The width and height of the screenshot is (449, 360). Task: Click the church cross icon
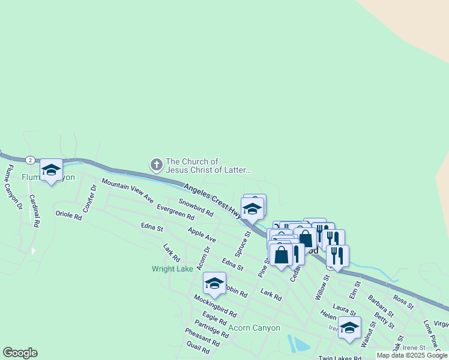(x=156, y=164)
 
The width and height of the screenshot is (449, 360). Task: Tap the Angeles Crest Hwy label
(x=214, y=202)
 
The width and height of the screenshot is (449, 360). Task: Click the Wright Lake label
(x=172, y=269)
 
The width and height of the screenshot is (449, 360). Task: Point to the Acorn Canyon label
(x=255, y=328)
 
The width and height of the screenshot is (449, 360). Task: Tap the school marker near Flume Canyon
(x=52, y=171)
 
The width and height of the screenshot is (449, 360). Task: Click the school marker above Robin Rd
(x=214, y=283)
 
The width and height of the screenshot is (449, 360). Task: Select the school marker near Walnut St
(x=349, y=328)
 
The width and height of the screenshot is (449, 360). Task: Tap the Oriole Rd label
(x=68, y=214)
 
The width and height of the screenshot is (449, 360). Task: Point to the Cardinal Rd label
(x=34, y=212)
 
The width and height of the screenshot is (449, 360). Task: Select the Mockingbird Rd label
(x=214, y=305)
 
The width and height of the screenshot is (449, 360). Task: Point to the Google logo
(x=20, y=353)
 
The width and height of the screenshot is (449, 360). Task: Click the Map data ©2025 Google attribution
(x=412, y=355)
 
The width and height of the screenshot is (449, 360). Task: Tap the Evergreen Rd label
(x=175, y=212)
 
